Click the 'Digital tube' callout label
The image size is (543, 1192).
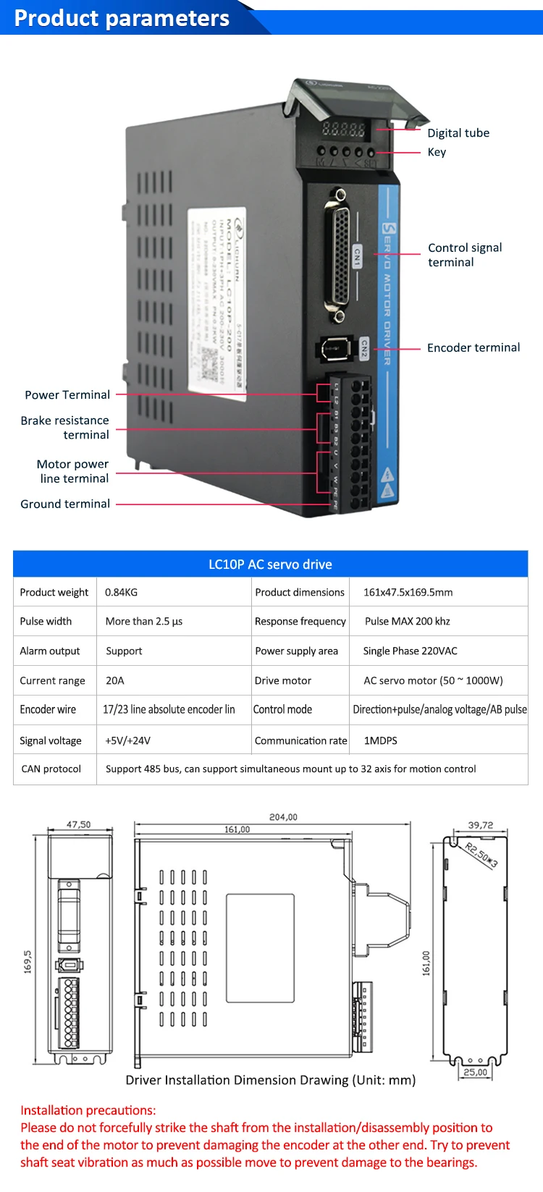point(458,133)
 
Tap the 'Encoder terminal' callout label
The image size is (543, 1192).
point(473,348)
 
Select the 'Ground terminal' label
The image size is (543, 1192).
point(65,504)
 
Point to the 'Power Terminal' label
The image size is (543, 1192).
point(67,395)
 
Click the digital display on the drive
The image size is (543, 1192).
point(344,130)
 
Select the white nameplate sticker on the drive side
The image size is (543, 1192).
point(216,302)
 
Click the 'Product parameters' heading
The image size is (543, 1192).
point(122,18)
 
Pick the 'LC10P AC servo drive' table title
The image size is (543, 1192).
point(270,565)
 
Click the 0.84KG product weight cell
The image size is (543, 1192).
point(121,593)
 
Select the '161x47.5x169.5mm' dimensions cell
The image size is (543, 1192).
point(408,593)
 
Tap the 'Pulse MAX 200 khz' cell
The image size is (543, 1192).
point(407,622)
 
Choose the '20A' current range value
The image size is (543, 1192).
point(114,681)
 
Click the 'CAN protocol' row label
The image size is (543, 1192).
point(51,769)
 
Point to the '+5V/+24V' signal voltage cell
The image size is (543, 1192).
point(127,741)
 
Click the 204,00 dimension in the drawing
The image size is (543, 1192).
point(283,817)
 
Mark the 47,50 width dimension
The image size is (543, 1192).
point(79,824)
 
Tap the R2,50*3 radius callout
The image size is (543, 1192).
point(481,855)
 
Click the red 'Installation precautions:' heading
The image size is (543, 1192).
point(88,1110)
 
